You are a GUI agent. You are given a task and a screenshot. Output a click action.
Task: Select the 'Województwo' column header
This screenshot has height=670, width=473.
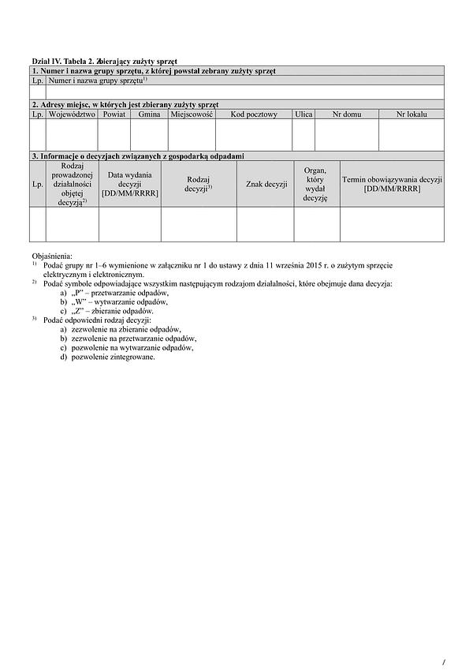(72, 114)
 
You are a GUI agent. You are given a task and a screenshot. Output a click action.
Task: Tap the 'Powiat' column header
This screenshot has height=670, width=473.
(114, 114)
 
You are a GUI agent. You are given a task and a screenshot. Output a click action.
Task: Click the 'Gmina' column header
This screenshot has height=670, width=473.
(149, 114)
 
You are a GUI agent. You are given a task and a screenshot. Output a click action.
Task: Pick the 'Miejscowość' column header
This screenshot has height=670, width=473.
(192, 114)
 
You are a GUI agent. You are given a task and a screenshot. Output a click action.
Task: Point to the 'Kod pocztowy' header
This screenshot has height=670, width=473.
(254, 114)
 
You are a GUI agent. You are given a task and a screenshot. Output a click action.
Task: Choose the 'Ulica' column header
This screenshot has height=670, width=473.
(304, 114)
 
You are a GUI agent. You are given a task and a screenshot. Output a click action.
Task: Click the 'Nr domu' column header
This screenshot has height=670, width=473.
(347, 114)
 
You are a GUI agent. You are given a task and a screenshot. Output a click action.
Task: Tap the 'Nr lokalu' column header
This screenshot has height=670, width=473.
(412, 114)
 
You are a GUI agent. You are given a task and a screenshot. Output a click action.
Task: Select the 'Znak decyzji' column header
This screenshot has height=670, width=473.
(266, 185)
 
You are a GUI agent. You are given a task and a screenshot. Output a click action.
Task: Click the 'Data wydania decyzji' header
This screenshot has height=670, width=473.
(129, 184)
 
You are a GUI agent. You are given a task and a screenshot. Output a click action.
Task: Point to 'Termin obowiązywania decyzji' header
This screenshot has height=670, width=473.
(392, 184)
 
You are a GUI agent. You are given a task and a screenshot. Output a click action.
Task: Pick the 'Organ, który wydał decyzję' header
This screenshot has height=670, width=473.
(315, 184)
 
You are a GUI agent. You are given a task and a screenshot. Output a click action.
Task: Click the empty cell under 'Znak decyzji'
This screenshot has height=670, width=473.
(266, 224)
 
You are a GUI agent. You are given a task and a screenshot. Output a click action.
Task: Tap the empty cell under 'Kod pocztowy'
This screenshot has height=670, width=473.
(254, 135)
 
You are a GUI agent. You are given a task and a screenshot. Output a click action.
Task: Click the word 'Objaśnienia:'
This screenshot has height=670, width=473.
(51, 256)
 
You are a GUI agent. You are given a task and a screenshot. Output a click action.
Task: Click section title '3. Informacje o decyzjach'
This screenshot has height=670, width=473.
(138, 157)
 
